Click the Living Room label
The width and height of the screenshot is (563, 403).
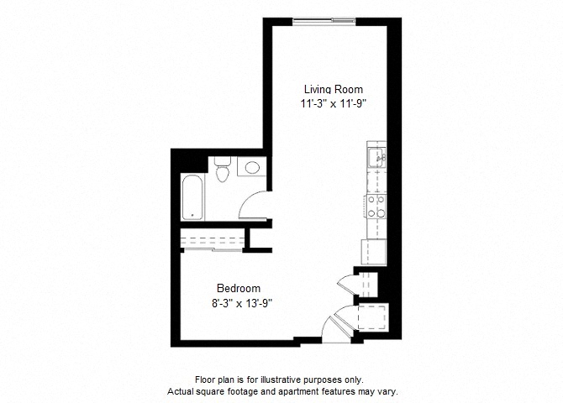coord(334,89)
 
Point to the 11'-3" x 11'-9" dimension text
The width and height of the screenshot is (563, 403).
coord(334,104)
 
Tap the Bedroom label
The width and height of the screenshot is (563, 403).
coord(239,289)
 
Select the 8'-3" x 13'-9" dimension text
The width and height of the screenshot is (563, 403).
coord(242,304)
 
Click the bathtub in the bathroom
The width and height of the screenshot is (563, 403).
coord(192,197)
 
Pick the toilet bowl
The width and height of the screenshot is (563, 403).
coord(223,175)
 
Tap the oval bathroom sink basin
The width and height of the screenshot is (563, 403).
coord(252,167)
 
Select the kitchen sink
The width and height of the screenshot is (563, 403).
coord(376,158)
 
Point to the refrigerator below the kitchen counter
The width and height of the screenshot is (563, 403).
coord(373,252)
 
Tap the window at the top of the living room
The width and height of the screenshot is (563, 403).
coord(324,22)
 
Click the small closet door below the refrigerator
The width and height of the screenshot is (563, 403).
coord(347,285)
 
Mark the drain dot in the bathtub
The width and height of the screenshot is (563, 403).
coord(192,215)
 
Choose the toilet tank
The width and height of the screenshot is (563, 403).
coord(223,161)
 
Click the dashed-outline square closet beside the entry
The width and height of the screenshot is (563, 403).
coord(373,318)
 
